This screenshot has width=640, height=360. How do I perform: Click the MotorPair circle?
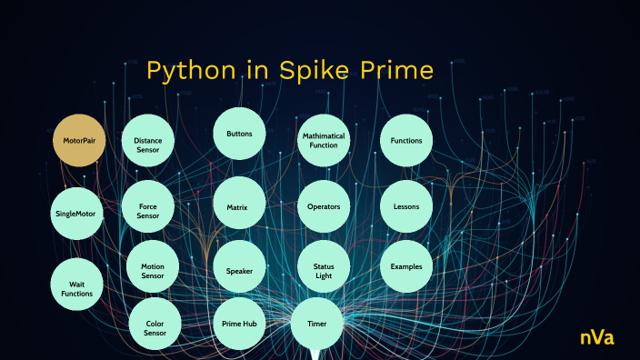coord(80,141)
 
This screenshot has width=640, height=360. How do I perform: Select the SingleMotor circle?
coord(75,215)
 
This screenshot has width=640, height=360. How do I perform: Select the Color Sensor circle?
coord(155,326)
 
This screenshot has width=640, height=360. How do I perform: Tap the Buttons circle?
coord(239,134)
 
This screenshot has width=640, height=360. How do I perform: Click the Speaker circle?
coord(239,271)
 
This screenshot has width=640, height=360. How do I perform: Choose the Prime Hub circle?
coord(239,325)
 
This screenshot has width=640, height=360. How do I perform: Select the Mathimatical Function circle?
coord(324,141)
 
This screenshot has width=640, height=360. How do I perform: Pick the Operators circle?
coord(324,206)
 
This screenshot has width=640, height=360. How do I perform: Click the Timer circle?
coord(317,324)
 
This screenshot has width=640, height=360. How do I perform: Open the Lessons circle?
coord(406,206)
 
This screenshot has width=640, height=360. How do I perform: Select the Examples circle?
coord(406,266)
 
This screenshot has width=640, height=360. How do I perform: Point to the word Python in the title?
coord(188,72)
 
